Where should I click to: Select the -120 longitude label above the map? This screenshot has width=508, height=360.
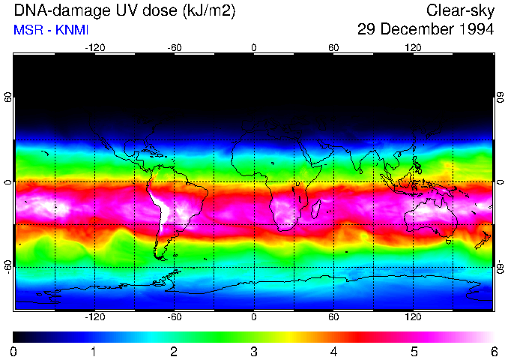coord(94,46)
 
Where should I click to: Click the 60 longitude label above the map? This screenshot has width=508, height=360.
coord(333,46)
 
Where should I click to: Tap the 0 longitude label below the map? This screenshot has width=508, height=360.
coord(254,318)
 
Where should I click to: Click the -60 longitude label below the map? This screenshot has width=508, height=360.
coord(174,318)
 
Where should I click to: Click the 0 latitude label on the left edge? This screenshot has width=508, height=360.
coord(7,182)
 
